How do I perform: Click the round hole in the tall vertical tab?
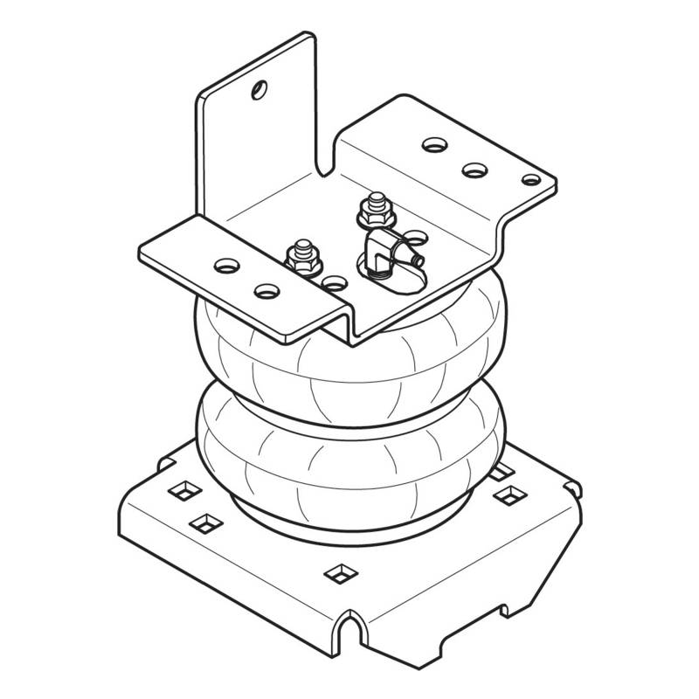[x=259, y=88]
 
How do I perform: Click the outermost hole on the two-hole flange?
[x=225, y=264]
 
